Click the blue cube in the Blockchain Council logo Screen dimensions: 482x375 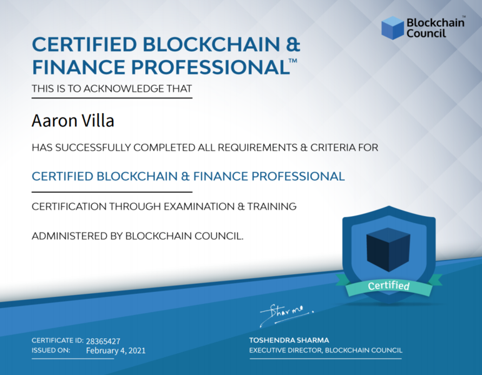pyautogui.click(x=393, y=28)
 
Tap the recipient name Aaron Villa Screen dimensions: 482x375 pyautogui.click(x=73, y=120)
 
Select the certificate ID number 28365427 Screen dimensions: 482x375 pyautogui.click(x=103, y=341)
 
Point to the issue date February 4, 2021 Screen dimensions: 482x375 pyautogui.click(x=116, y=351)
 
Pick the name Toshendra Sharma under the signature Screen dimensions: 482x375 pyautogui.click(x=289, y=340)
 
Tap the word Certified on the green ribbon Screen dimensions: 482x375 pyautogui.click(x=389, y=286)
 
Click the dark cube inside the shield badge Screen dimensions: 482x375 pyautogui.click(x=388, y=249)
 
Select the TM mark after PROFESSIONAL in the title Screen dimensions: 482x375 pyautogui.click(x=293, y=60)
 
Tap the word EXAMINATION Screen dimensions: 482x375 pyautogui.click(x=199, y=206)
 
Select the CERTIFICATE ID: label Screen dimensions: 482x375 pyautogui.click(x=58, y=340)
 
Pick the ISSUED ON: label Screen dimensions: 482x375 pyautogui.click(x=51, y=351)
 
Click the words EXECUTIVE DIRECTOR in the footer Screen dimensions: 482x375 pyautogui.click(x=286, y=351)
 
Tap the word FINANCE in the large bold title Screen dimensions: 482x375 pyautogui.click(x=79, y=67)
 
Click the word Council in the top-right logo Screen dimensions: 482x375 pyautogui.click(x=426, y=33)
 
